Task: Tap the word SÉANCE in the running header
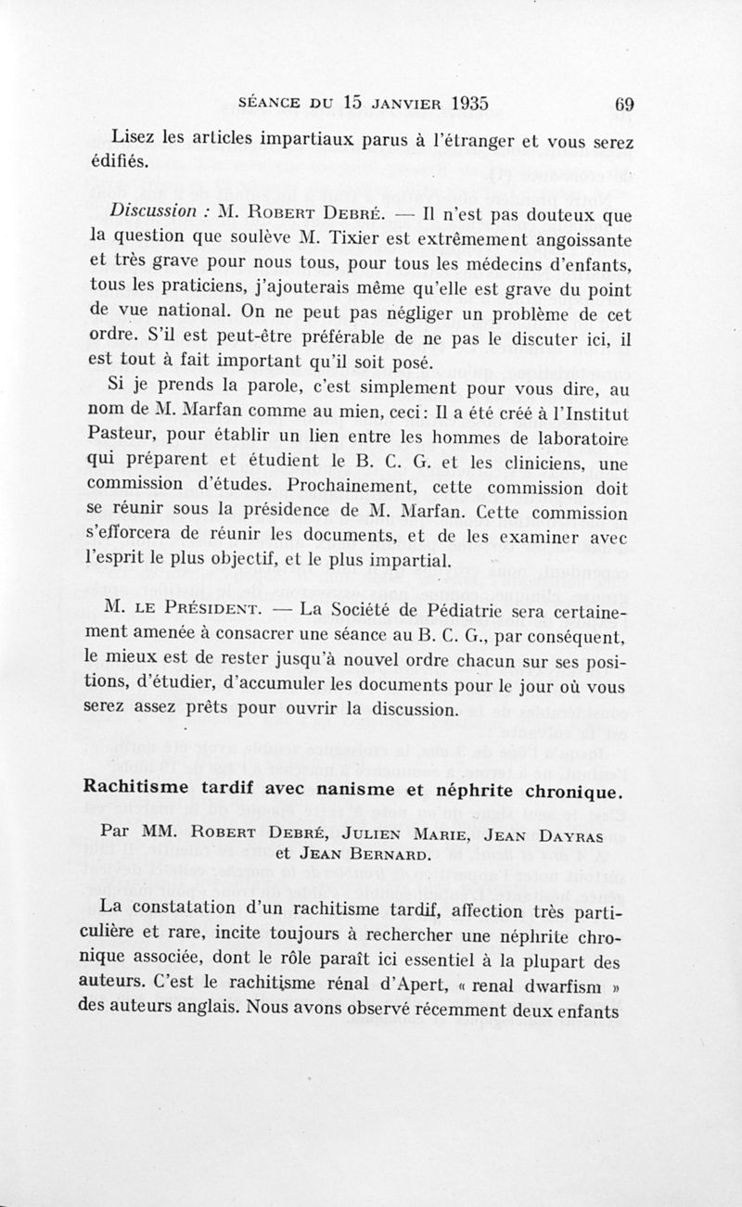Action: coord(270,104)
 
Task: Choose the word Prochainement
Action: coord(352,485)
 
